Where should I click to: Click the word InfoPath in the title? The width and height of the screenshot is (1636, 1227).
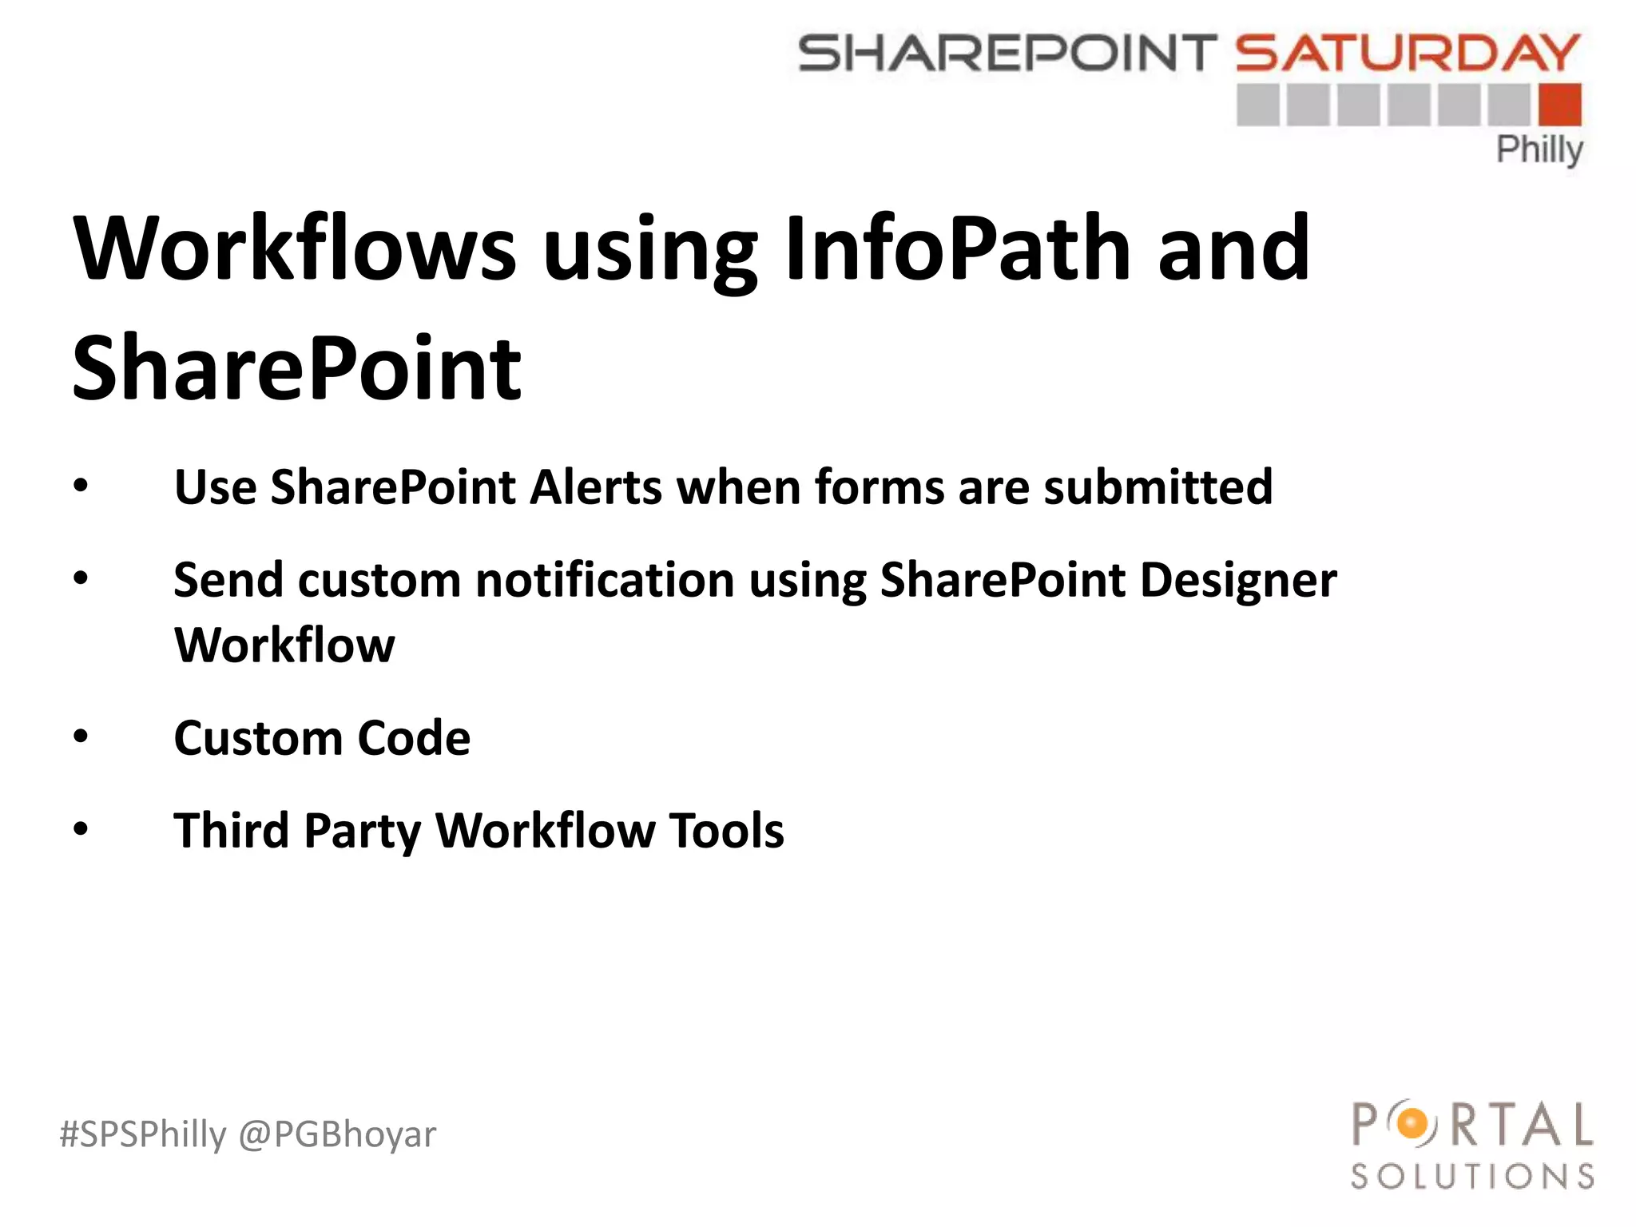point(957,249)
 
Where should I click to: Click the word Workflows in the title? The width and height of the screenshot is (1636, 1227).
point(295,249)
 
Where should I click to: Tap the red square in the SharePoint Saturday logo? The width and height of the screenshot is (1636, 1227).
point(1559,105)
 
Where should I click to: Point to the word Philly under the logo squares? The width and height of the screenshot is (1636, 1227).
point(1539,149)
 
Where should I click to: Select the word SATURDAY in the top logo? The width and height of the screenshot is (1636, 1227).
point(1408,54)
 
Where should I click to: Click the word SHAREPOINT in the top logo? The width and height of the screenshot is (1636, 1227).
point(1007,54)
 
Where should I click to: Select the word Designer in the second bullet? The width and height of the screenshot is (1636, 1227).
point(1237,581)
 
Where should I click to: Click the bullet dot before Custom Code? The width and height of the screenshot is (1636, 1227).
point(81,737)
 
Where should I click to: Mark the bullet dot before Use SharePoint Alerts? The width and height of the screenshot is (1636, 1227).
point(81,486)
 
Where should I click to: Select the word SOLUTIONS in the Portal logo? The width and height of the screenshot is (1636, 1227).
point(1472,1177)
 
